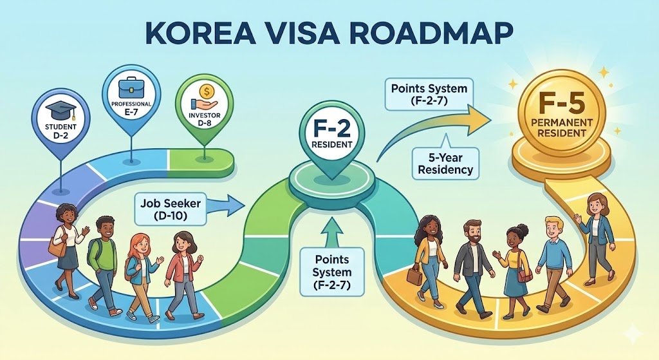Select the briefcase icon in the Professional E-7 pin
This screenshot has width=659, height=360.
point(131,86)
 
